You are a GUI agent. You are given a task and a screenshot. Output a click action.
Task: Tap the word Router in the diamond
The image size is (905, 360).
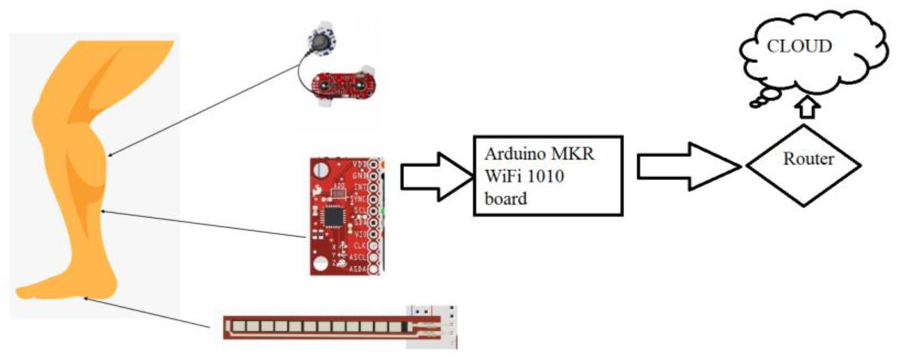[808, 159]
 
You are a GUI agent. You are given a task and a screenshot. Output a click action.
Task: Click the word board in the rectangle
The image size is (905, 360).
[506, 199]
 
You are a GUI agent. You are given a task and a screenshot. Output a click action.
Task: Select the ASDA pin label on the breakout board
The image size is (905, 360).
[358, 269]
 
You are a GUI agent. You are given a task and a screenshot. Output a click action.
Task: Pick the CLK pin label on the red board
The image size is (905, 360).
[360, 246]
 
